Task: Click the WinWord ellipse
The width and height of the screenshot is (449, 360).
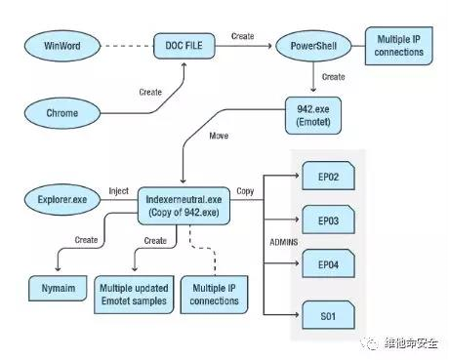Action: (x=62, y=46)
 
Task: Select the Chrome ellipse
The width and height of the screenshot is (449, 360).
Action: (x=62, y=113)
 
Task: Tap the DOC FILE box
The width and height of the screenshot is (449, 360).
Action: (x=184, y=46)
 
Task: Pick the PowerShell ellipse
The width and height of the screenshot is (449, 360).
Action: (x=313, y=46)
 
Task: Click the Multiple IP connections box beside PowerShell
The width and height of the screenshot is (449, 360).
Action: (x=399, y=46)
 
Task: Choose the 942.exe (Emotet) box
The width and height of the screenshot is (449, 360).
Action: (x=313, y=115)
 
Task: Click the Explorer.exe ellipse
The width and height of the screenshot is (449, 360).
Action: (x=62, y=200)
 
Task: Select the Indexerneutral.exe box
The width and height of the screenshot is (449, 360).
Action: (x=184, y=206)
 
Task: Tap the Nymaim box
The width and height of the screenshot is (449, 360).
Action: (x=58, y=288)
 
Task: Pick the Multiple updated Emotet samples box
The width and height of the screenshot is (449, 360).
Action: (x=134, y=295)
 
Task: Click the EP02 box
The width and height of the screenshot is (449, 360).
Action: (x=328, y=176)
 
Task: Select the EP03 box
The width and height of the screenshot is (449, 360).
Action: (x=328, y=220)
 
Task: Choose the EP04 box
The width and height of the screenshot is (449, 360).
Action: (x=328, y=263)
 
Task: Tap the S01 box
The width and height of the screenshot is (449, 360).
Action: (x=328, y=315)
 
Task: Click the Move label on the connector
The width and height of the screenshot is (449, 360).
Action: (x=219, y=136)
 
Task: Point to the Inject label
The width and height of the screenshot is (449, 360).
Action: (x=119, y=191)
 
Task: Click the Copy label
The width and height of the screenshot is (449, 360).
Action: (x=245, y=191)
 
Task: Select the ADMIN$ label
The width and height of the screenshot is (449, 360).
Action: (x=284, y=242)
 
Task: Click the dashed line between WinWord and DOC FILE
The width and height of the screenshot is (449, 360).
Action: (x=127, y=46)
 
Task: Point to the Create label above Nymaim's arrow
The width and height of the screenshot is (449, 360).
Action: (x=86, y=240)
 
